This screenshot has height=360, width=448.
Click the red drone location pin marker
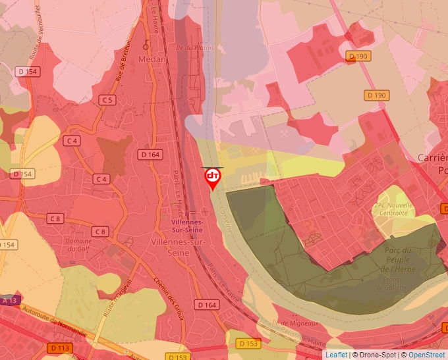pyautogui.click(x=213, y=178)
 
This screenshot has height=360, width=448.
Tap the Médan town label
pyautogui.click(x=152, y=59)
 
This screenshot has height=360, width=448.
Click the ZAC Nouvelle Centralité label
pyautogui.click(x=391, y=209)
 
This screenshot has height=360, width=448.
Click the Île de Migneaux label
pyautogui.click(x=296, y=323)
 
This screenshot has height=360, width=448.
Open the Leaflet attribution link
pyautogui.click(x=336, y=355)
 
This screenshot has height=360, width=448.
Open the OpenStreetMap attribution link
pyautogui.click(x=426, y=355)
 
